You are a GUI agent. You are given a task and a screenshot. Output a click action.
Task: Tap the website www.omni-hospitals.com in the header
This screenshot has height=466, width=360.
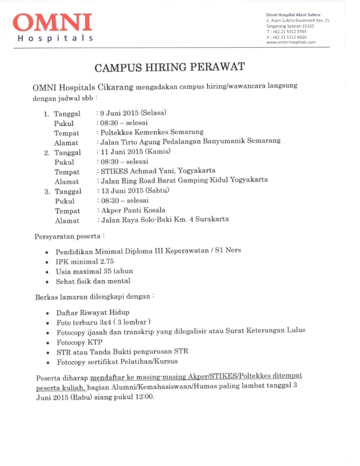tap(291, 42)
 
